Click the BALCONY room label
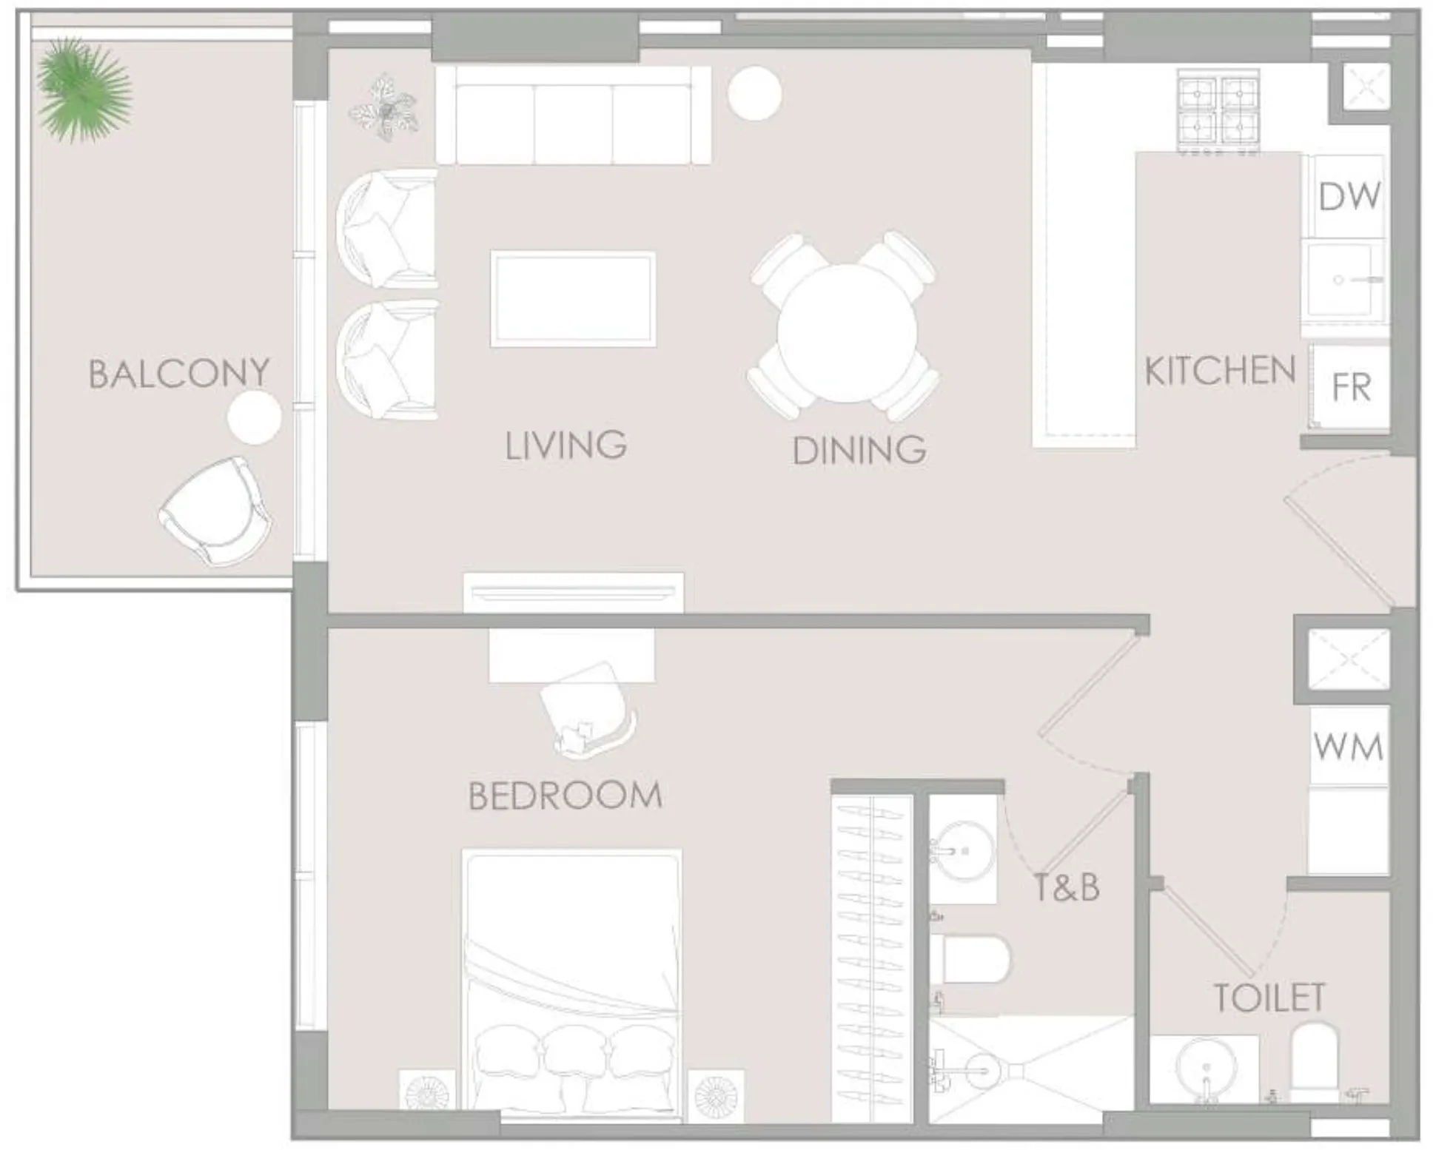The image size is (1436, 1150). [x=178, y=373]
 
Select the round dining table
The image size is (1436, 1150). [x=847, y=332]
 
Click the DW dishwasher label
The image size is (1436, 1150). [x=1349, y=197]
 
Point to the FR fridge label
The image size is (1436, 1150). [x=1351, y=387]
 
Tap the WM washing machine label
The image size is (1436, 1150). [x=1348, y=747]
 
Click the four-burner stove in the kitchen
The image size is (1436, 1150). [x=1218, y=112]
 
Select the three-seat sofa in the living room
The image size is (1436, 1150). [x=572, y=115]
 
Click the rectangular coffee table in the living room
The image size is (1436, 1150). [x=572, y=299]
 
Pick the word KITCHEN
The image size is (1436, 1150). [x=1220, y=371]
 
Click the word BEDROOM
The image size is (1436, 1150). [x=566, y=796]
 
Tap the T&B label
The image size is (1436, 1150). [x=1066, y=887]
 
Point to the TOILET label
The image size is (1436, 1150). [x=1269, y=998]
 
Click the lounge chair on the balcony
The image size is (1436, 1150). [x=215, y=511]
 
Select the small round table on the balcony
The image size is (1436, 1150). [x=254, y=418]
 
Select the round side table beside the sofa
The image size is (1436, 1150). [x=754, y=93]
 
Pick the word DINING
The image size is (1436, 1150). [x=859, y=450]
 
